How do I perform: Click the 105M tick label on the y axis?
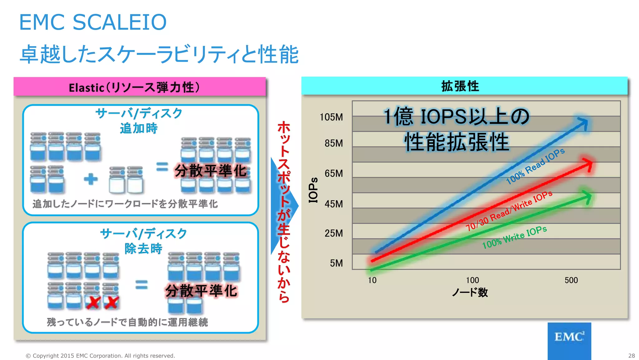point(331,117)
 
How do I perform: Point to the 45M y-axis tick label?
point(334,204)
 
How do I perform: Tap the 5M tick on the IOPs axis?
point(336,263)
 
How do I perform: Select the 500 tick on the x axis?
point(571,280)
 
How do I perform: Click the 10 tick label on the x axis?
point(372,280)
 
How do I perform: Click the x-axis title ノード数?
point(470,292)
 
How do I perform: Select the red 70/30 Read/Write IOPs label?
point(509,211)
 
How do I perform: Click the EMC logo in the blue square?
point(569,337)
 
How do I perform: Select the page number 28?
point(632,356)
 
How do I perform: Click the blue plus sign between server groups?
point(90,179)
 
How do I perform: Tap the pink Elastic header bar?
point(139,87)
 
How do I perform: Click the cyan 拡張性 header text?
point(460,86)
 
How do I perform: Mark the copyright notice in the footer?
point(100,356)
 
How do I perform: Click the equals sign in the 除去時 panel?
point(141,285)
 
